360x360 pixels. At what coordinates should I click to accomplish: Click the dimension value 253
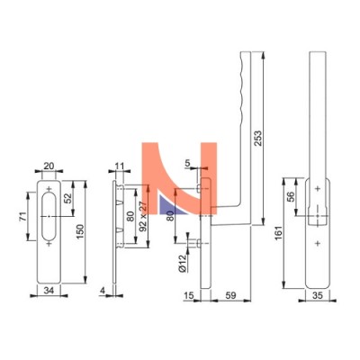click(x=258, y=138)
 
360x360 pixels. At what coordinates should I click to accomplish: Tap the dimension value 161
click(x=279, y=233)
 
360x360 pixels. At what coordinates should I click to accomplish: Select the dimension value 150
click(x=80, y=231)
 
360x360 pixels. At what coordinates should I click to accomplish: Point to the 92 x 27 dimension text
click(x=143, y=216)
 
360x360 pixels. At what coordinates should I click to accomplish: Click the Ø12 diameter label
click(x=182, y=264)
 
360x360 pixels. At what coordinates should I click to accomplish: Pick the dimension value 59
click(x=230, y=296)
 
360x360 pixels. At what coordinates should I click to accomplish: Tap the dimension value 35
click(x=317, y=296)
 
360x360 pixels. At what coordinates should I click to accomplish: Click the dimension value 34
click(x=49, y=291)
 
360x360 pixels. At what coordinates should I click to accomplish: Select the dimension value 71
click(x=23, y=216)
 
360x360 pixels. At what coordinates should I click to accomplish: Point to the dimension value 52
click(x=68, y=198)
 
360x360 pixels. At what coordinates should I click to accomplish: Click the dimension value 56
click(x=291, y=196)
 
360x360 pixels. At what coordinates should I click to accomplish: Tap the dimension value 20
click(x=49, y=166)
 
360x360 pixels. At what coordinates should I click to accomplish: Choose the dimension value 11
click(x=120, y=166)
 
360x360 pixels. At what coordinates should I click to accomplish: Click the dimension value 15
click(x=189, y=296)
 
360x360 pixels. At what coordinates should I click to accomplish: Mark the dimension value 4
click(x=103, y=291)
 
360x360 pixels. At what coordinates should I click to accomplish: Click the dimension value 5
click(x=187, y=163)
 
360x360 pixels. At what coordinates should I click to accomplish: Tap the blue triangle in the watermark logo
click(x=171, y=205)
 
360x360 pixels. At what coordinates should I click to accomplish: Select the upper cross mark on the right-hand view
click(x=318, y=189)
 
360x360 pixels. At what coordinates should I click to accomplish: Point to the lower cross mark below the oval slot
click(x=49, y=244)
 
